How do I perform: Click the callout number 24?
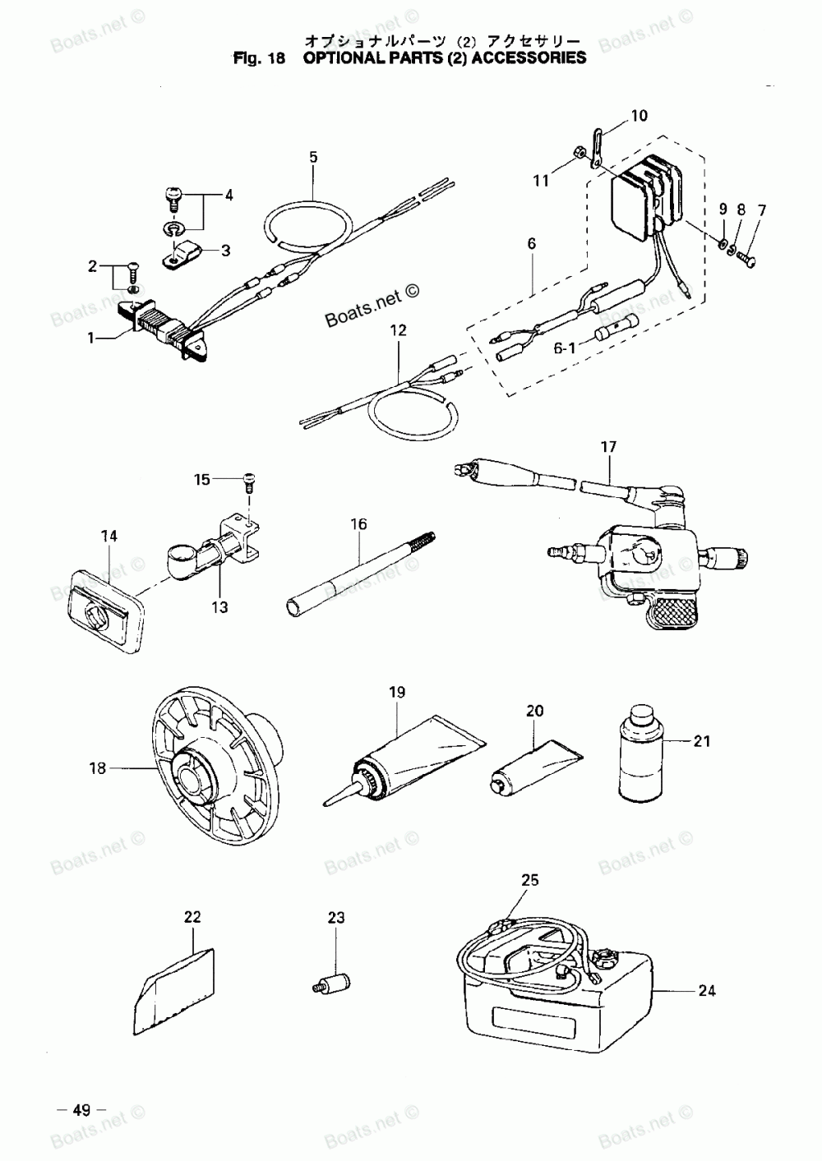[x=706, y=990]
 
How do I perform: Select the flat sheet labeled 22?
[x=174, y=990]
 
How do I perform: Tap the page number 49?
[x=81, y=1111]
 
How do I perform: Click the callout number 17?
[x=608, y=448]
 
